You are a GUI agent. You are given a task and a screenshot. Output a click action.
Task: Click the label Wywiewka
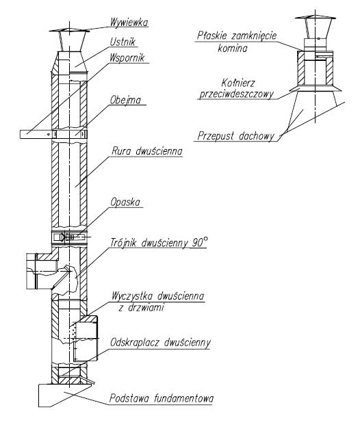click(x=129, y=23)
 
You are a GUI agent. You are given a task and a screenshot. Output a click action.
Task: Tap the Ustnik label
click(x=123, y=42)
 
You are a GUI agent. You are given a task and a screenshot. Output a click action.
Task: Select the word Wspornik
click(x=127, y=57)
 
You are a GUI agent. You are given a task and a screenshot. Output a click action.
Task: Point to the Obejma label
click(x=126, y=100)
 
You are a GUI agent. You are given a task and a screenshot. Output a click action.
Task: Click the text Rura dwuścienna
click(x=147, y=151)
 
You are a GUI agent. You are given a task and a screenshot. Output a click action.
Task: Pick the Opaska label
click(x=125, y=203)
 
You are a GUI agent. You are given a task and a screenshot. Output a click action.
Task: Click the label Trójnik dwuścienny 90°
click(x=159, y=242)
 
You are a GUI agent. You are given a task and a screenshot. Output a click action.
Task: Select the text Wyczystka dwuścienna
click(x=157, y=296)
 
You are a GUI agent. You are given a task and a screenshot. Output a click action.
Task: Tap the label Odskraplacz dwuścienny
click(x=160, y=343)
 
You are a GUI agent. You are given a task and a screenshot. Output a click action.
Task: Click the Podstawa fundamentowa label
click(x=162, y=398)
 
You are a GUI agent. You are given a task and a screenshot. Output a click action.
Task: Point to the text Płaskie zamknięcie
click(x=237, y=36)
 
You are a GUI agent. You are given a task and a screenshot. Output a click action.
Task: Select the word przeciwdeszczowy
click(x=237, y=94)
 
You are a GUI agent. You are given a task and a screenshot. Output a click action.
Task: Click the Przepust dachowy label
click(x=235, y=136)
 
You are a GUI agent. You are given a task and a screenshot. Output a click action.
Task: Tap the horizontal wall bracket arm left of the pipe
click(x=36, y=134)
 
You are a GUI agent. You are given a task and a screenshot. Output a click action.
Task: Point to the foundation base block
click(x=64, y=395)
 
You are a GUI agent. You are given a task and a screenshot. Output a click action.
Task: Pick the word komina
click(x=233, y=49)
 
